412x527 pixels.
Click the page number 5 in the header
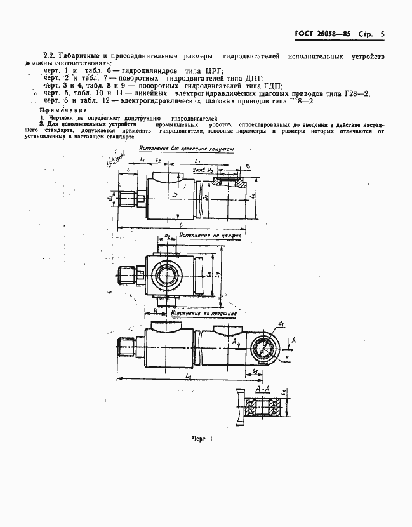(x=383, y=35)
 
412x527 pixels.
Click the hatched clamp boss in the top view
(x=228, y=182)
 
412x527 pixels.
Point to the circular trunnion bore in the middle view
(x=169, y=274)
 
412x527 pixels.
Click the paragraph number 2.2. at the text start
(x=51, y=55)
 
